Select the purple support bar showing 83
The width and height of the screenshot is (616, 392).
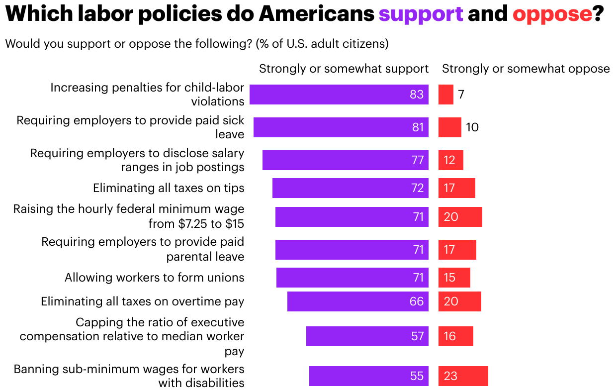[339, 95]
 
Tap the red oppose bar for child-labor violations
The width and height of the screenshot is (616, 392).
[445, 95]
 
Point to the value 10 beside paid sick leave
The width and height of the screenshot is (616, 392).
[472, 127]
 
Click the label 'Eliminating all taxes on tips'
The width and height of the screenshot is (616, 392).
[169, 188]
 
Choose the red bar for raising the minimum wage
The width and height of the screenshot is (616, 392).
[460, 217]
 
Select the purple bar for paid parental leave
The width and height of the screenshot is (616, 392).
[352, 250]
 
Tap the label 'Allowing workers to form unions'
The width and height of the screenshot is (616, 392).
[154, 278]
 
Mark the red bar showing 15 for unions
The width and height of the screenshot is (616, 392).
[454, 278]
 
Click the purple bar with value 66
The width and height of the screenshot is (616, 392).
[357, 301]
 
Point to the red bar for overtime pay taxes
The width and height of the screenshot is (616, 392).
[459, 301]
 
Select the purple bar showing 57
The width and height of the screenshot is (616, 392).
[367, 336]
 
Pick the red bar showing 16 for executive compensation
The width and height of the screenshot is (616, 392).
[455, 336]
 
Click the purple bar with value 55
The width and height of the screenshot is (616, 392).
[368, 376]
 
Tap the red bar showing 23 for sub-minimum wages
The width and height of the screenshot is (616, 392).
[463, 376]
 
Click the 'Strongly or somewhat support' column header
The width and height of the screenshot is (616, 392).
[344, 69]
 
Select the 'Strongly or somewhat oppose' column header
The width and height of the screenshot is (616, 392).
[526, 69]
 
